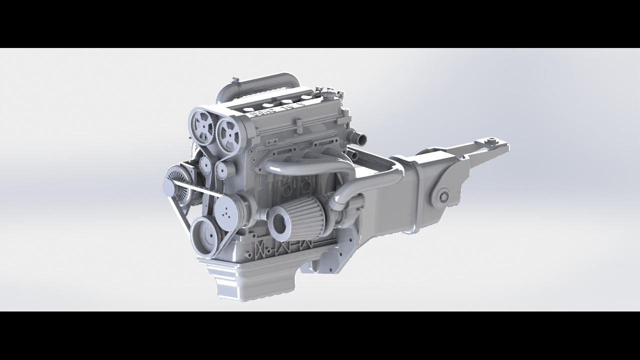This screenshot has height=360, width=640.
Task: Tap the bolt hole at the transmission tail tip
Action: pyautogui.click(x=492, y=140)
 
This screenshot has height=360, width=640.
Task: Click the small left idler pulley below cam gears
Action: pyautogui.click(x=205, y=163)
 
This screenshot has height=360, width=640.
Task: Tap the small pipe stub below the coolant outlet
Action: pyautogui.click(x=353, y=155)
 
